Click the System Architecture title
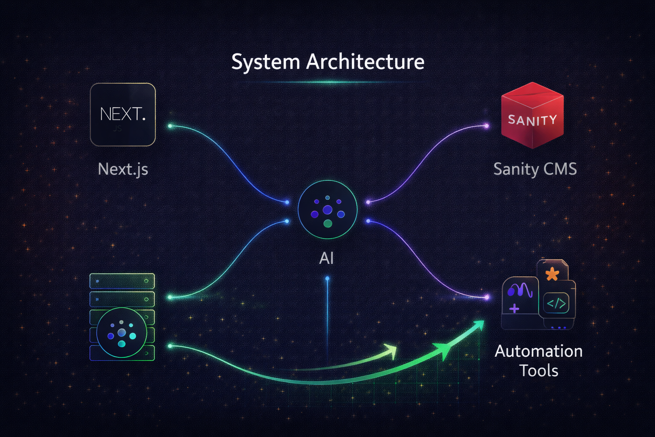click(327, 62)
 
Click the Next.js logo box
click(123, 114)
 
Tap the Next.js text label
click(123, 169)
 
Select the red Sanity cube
click(532, 116)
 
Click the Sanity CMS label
click(535, 169)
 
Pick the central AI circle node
click(327, 209)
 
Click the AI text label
click(326, 258)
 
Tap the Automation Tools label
click(539, 361)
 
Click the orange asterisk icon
click(552, 274)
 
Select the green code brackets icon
click(556, 304)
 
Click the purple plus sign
click(514, 308)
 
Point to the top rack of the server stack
click(122, 281)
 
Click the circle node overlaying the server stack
click(122, 332)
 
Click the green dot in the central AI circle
click(327, 223)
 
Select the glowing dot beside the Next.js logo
click(170, 126)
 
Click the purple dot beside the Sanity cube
click(487, 125)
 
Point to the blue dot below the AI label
click(327, 278)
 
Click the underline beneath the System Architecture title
click(327, 82)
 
